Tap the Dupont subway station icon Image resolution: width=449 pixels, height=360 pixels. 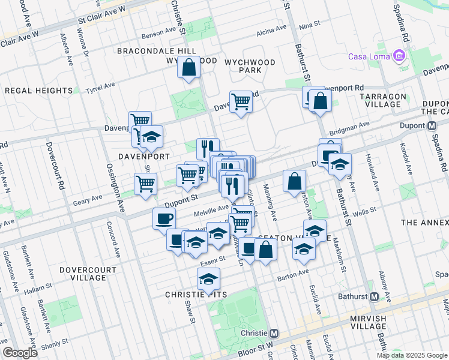point(431,126)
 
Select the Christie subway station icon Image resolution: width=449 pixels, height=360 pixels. point(274,333)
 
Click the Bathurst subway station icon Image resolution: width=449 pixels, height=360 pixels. point(374,296)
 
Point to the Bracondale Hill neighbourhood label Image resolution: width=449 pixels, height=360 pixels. point(148,51)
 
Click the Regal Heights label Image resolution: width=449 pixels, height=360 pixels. point(38,91)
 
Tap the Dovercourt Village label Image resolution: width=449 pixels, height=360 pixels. point(89,274)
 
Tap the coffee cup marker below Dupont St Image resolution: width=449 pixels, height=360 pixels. point(164,218)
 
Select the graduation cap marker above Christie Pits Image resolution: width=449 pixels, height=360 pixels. point(208,279)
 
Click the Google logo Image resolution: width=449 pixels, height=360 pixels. point(20,353)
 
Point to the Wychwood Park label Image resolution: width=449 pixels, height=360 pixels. point(249,66)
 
